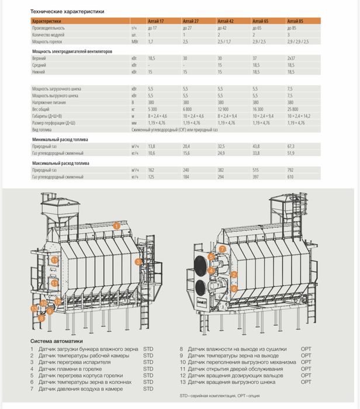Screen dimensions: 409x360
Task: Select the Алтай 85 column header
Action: pos(295,20)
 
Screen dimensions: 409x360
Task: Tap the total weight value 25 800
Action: pos(293,109)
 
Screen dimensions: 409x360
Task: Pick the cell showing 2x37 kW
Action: pos(292,59)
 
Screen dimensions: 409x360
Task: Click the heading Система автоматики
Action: pos(56,340)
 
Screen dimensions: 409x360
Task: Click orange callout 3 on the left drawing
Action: pos(138,262)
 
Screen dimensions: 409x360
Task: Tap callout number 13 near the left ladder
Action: pos(34,307)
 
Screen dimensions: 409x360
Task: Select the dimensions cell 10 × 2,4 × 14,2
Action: pos(299,116)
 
